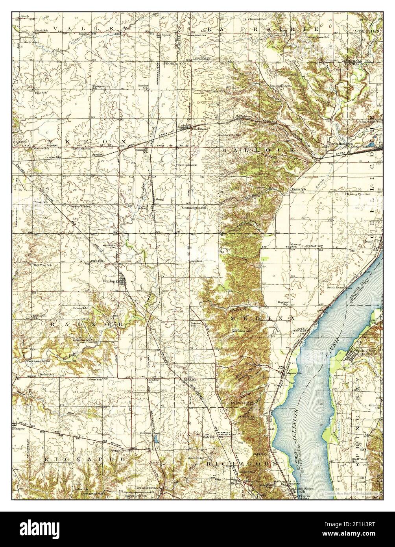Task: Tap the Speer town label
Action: pos(165,35)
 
